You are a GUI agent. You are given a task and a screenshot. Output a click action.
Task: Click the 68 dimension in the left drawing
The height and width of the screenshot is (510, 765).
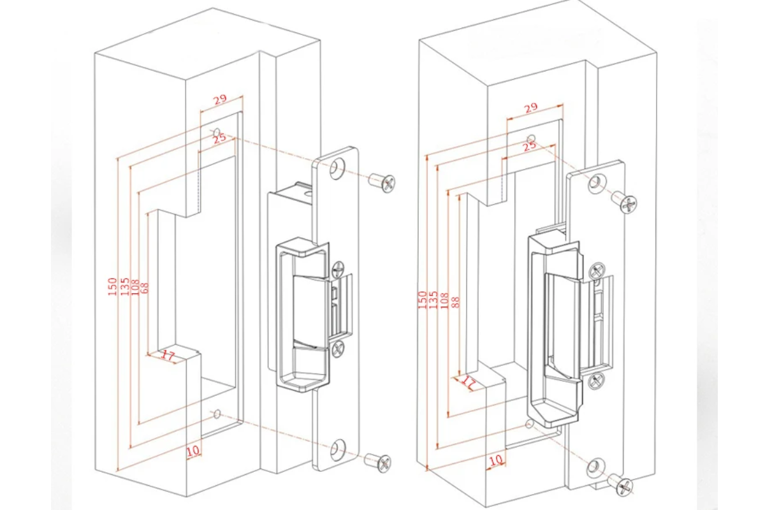click(x=145, y=288)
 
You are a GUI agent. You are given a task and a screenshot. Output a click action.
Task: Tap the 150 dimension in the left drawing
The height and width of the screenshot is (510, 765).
click(x=112, y=286)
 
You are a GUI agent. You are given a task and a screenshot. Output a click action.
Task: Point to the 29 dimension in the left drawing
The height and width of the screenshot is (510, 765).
click(x=220, y=99)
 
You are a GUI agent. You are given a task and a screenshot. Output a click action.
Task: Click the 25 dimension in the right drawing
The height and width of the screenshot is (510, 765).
click(x=529, y=147)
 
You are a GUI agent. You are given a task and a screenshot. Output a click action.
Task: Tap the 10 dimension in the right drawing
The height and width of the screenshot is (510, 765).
click(x=495, y=459)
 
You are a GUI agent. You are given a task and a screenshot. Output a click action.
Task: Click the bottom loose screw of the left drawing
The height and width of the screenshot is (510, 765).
click(x=379, y=461)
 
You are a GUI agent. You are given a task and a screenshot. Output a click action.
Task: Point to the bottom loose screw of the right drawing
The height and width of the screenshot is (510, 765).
click(x=621, y=484)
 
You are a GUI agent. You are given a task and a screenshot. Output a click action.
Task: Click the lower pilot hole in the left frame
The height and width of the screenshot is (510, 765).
click(x=217, y=414)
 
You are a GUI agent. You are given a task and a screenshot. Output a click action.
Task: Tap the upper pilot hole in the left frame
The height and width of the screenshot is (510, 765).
click(x=216, y=132)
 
